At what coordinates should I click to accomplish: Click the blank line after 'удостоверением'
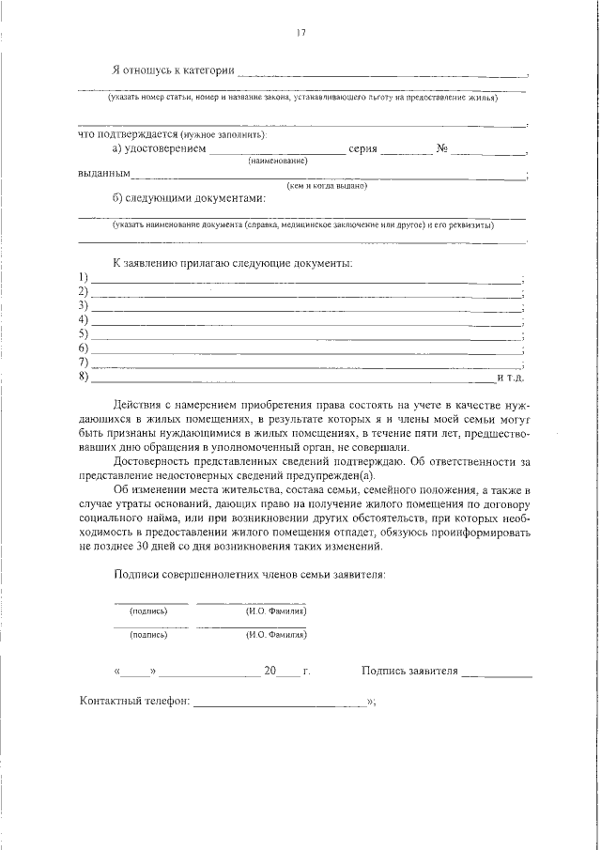click(277, 151)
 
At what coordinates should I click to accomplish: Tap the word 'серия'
click(362, 149)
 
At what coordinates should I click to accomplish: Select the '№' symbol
click(441, 149)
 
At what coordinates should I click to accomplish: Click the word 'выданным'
click(103, 174)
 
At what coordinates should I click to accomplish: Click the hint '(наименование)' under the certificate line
click(278, 162)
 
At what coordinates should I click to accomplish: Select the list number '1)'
click(84, 276)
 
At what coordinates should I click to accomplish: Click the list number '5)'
click(84, 333)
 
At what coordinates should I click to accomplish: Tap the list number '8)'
click(84, 377)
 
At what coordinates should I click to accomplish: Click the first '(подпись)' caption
click(148, 610)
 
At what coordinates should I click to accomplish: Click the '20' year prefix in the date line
click(270, 672)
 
